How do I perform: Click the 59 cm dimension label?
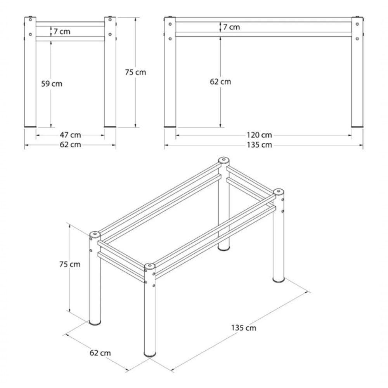point(52,83)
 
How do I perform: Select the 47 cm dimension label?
point(70,135)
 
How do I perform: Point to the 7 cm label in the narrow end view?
point(62,31)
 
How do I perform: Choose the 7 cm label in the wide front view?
point(232,27)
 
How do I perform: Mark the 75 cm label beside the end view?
point(135,72)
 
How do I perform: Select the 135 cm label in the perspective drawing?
point(244,327)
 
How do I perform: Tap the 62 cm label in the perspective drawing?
point(100,353)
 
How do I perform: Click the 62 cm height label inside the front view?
point(220,81)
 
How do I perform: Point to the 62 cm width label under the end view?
point(70,145)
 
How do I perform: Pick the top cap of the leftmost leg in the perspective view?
point(95,235)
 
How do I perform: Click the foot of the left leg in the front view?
point(170,126)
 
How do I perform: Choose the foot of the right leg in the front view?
point(357,126)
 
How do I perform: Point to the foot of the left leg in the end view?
point(30,126)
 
